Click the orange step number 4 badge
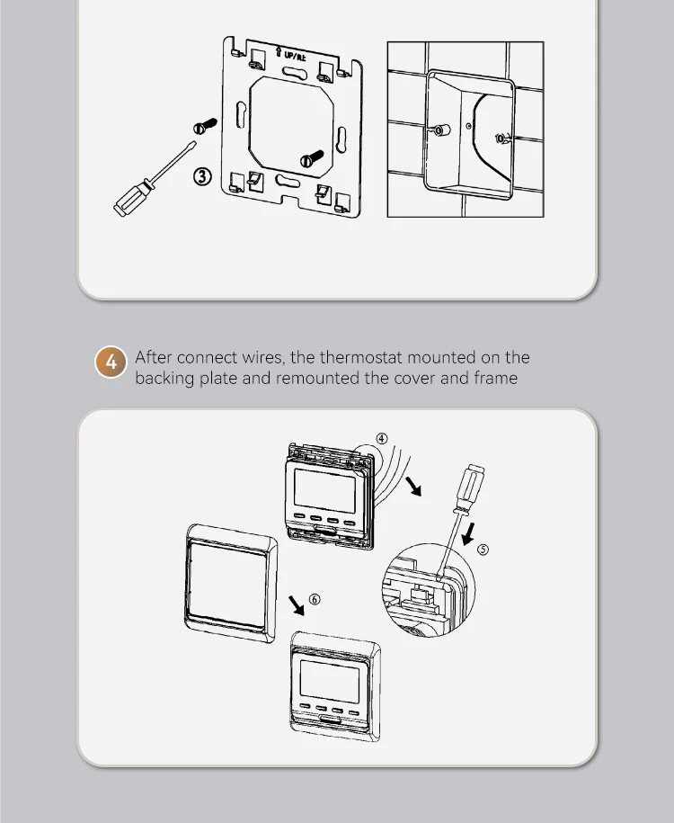111,362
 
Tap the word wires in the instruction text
262,358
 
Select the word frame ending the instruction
494,378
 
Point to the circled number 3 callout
203,176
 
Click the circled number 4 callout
382,438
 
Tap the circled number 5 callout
483,550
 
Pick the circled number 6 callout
314,598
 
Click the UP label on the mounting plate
295,56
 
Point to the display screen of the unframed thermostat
324,492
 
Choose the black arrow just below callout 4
412,487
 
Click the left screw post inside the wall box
440,131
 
